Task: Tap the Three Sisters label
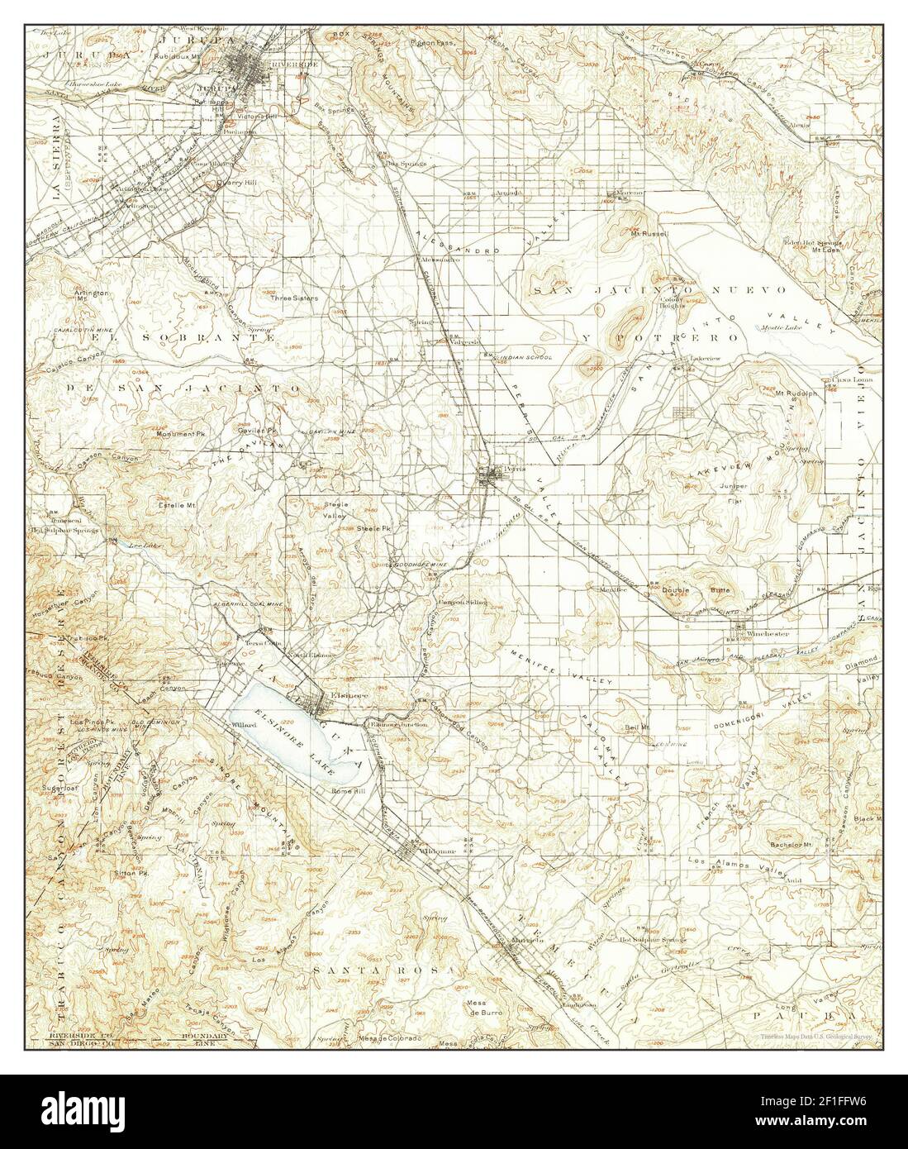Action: click(289, 298)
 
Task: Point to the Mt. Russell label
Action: click(648, 234)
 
